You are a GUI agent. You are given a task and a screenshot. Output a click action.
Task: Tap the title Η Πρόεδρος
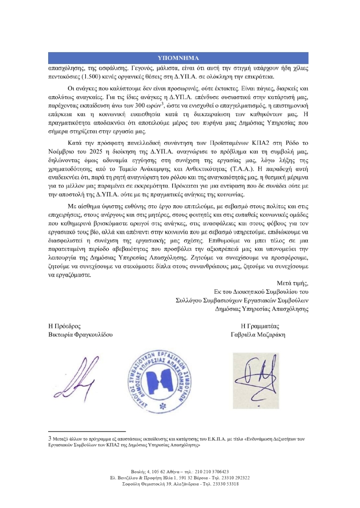(65, 326)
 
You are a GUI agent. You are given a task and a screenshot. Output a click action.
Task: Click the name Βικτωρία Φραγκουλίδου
(80, 335)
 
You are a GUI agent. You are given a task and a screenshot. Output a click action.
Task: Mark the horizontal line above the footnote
(86, 432)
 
